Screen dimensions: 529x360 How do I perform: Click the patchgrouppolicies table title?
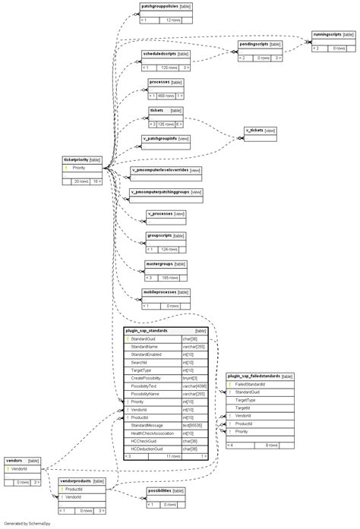coord(159,5)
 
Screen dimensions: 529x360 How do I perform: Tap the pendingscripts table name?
coord(252,44)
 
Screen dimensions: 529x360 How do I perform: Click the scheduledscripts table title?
coord(159,54)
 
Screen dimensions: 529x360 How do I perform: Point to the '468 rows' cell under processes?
coord(166,96)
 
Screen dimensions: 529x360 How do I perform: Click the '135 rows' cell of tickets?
coord(166,124)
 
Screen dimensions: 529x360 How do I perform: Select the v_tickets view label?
coord(254,131)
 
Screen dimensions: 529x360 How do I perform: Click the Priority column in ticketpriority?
coord(79,168)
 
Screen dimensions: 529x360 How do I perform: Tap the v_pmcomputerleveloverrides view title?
coord(159,170)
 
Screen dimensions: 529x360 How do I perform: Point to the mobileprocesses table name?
coord(159,292)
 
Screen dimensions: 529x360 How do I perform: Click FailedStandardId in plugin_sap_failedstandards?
coord(251,384)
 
